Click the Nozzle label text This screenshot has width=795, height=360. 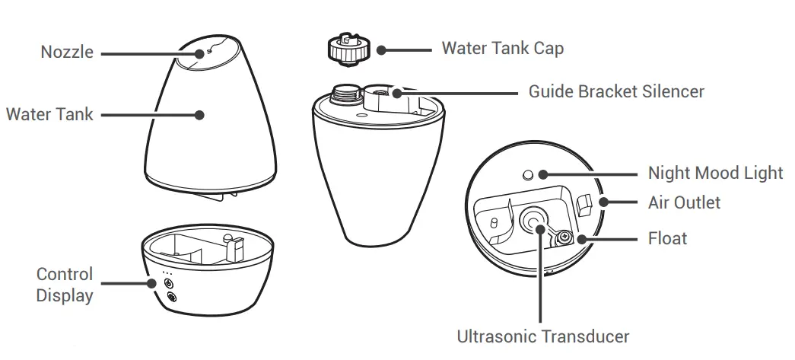pos(68,53)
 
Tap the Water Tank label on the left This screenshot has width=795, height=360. pos(49,115)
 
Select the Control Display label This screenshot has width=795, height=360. pos(65,285)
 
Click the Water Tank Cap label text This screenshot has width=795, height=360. pos(503,49)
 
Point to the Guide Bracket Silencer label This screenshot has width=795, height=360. pos(616,92)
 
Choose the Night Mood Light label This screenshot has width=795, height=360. pos(715,173)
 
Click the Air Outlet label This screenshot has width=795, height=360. pos(684,202)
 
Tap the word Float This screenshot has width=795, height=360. pos(667,238)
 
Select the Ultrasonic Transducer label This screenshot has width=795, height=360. pos(543,336)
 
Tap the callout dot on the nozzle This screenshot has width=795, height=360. pos(199,53)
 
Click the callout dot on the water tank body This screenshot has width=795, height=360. pos(199,116)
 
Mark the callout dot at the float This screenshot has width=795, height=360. pos(583,239)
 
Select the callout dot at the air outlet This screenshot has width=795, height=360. pos(605,202)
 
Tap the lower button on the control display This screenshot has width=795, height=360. pos(169,297)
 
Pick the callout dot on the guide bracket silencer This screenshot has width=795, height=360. pos(396,93)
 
